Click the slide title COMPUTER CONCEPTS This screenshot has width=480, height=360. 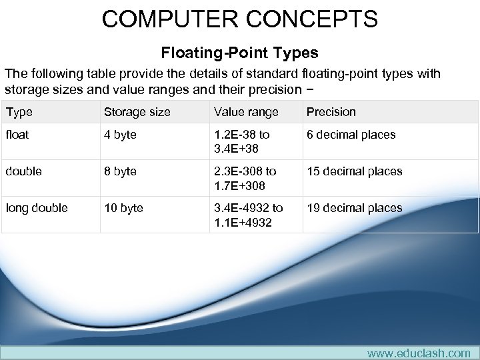(240, 18)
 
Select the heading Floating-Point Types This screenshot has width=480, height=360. (239, 53)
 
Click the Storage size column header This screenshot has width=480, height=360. (137, 112)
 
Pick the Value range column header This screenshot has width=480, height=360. (245, 112)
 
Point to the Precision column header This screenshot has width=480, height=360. (331, 112)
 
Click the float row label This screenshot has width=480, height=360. (18, 135)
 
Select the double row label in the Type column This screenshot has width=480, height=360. (24, 171)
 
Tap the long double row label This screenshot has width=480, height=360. (37, 208)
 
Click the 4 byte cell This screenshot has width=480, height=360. (121, 135)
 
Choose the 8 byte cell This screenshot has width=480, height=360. (121, 171)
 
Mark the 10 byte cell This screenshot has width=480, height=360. (124, 208)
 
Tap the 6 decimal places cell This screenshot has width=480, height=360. (351, 135)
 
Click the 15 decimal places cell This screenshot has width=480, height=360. (354, 171)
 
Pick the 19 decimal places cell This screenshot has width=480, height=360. (354, 208)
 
